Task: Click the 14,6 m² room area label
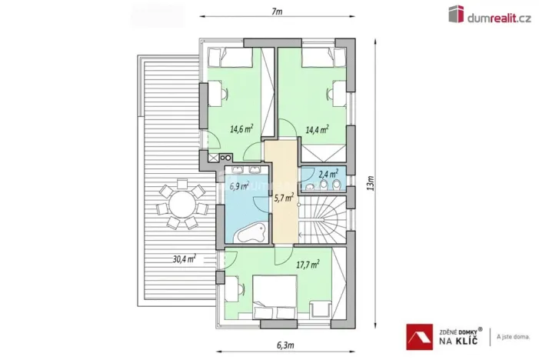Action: pyautogui.click(x=241, y=129)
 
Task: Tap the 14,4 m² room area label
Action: pyautogui.click(x=317, y=129)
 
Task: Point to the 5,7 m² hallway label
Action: pyautogui.click(x=284, y=198)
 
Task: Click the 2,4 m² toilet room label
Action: pyautogui.click(x=329, y=174)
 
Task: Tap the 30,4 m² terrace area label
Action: pyautogui.click(x=183, y=258)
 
